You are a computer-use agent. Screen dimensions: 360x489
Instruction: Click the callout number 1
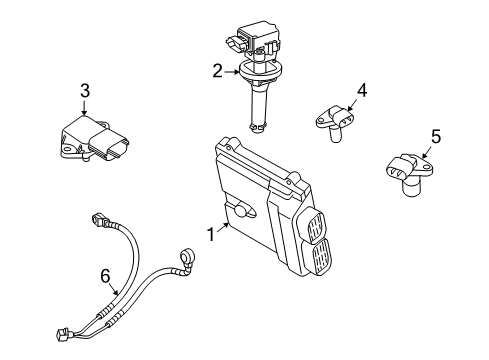(x=210, y=236)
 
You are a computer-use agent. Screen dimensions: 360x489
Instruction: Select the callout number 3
(x=84, y=91)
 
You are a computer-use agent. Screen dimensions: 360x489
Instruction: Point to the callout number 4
(x=361, y=90)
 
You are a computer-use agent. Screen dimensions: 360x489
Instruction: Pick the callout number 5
(x=435, y=135)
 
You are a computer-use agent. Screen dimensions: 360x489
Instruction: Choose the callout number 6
(x=105, y=274)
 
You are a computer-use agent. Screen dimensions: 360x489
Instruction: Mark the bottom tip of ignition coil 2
(x=258, y=127)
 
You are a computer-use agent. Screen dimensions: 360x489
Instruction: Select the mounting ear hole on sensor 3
(x=66, y=153)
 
